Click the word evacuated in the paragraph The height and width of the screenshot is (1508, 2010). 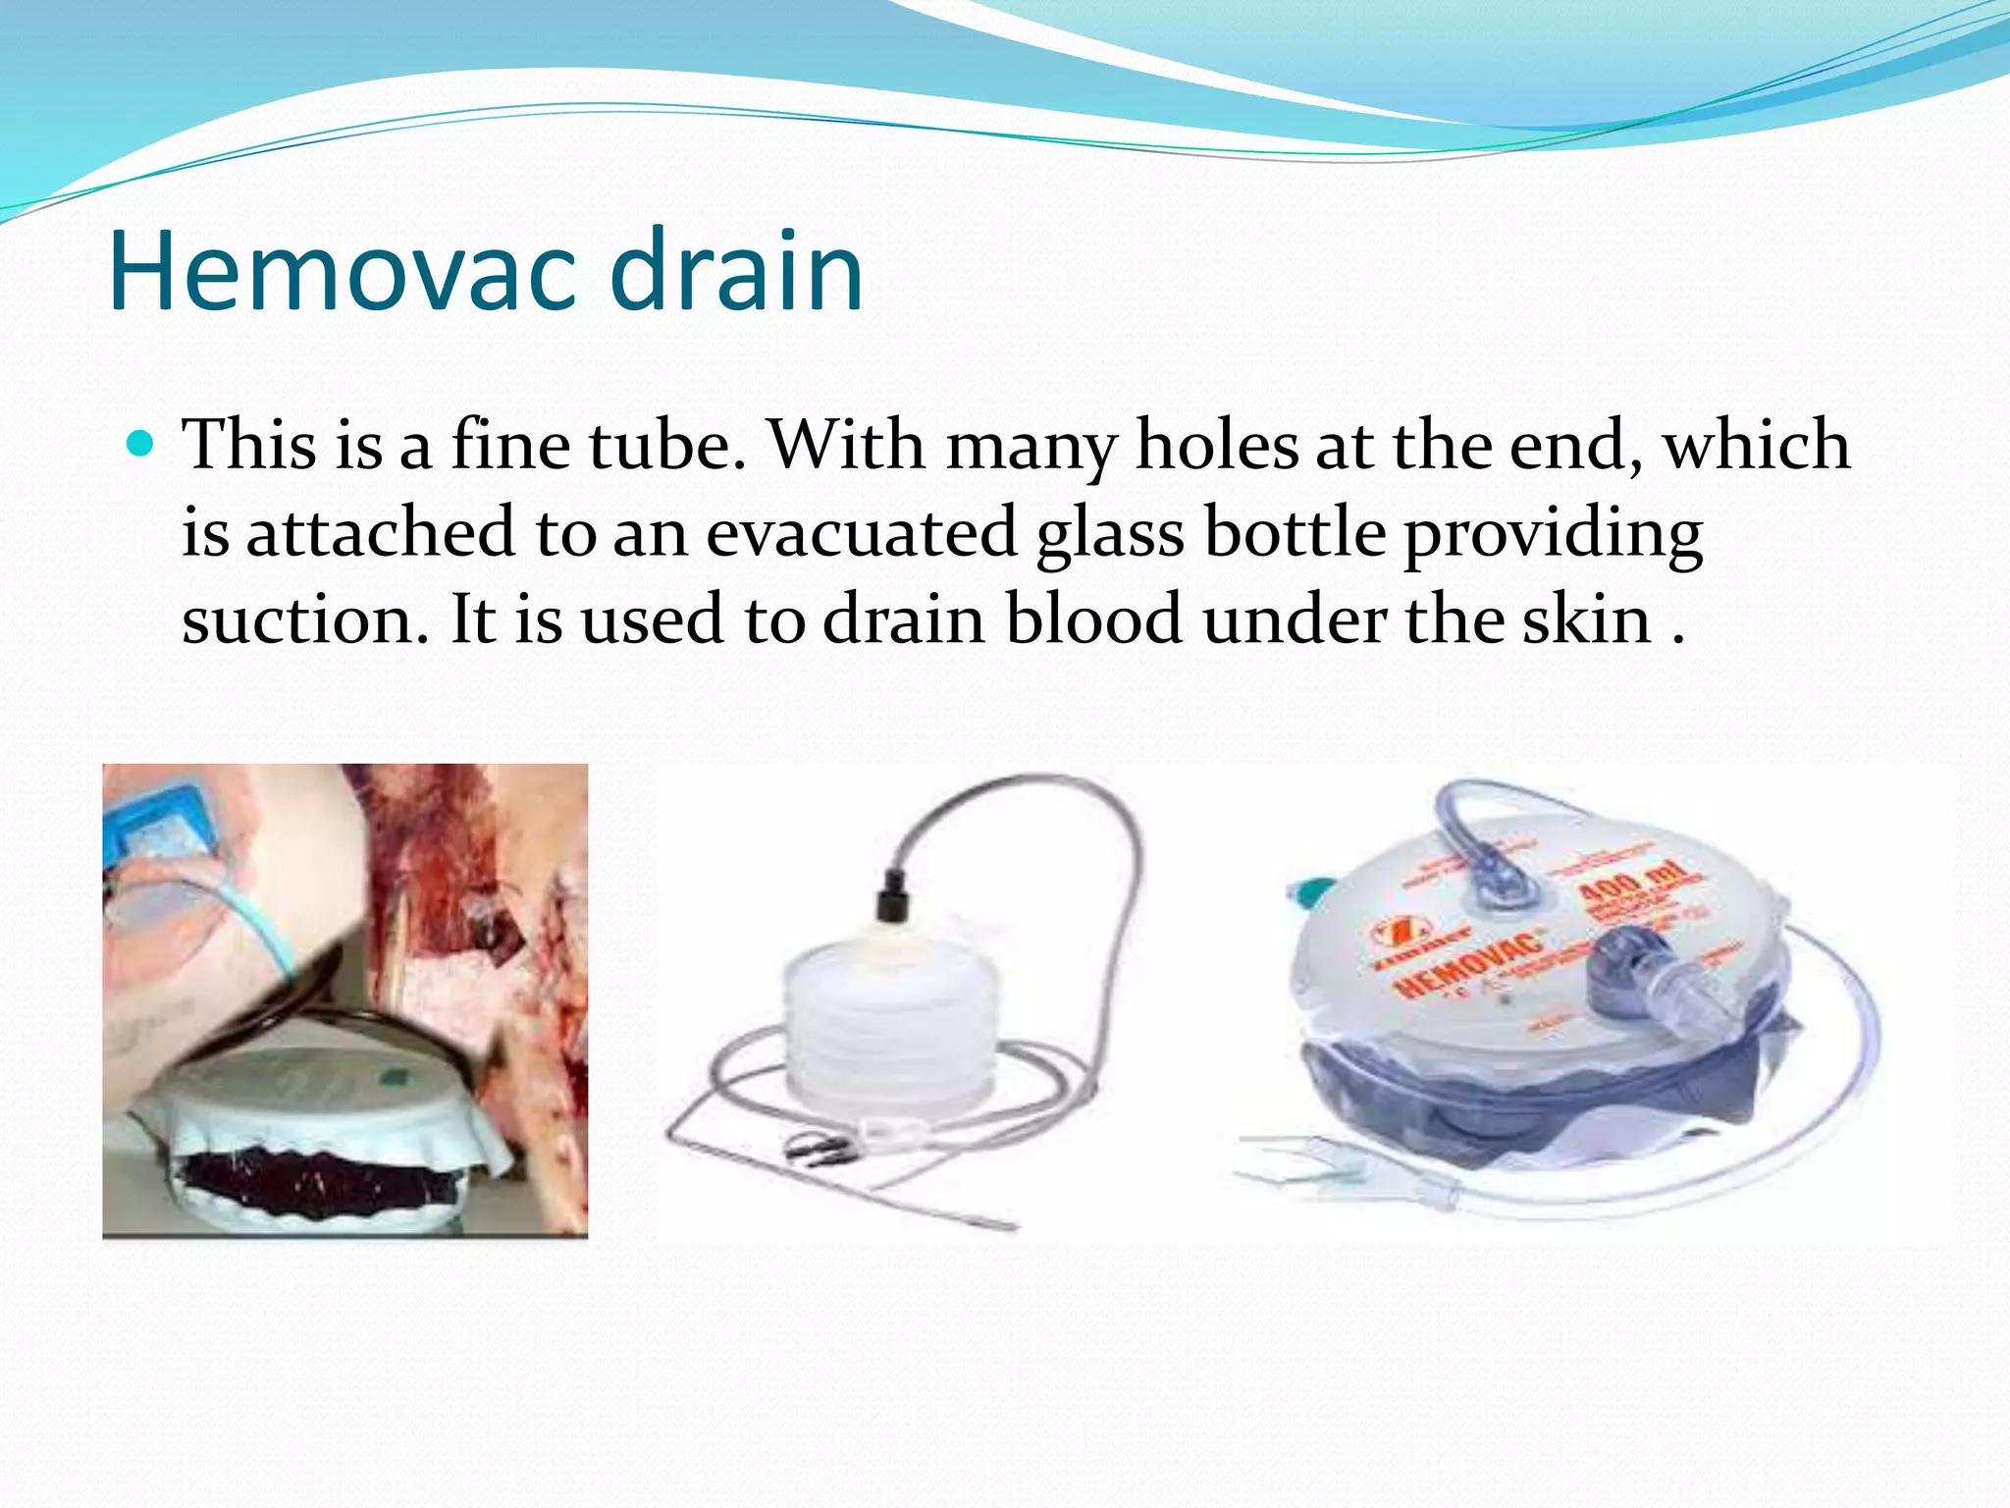point(861,532)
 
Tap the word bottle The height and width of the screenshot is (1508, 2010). point(1295,532)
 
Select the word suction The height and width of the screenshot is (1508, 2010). point(305,620)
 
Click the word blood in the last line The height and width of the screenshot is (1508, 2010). point(1094,620)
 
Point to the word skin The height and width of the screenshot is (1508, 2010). point(1587,620)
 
